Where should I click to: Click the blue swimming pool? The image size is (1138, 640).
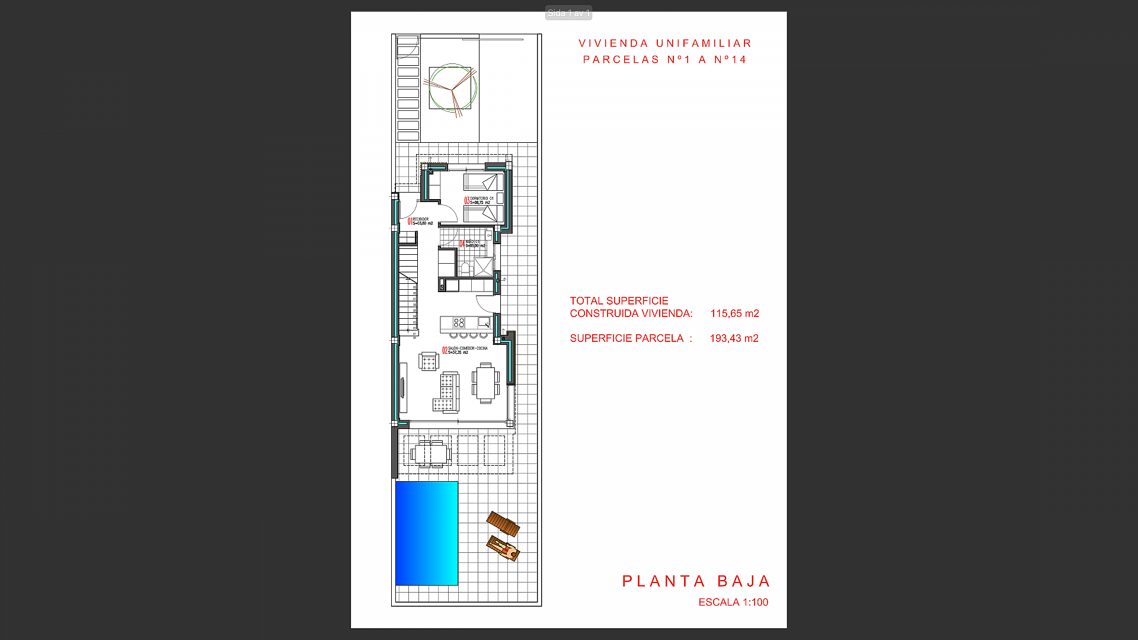coord(426,533)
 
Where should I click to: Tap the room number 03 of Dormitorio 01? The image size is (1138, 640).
coord(466,200)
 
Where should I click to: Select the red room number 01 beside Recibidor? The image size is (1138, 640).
coord(410,222)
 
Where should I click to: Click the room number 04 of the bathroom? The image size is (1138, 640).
coord(462,244)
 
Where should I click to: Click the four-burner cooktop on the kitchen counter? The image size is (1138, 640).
coord(459,323)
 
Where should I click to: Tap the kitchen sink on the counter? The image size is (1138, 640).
coord(484,322)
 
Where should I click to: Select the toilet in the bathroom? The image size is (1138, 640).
coord(465,268)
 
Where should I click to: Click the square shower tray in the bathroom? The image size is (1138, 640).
coord(483,267)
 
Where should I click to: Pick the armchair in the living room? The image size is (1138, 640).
coord(428,360)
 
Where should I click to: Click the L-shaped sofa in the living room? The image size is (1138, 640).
coord(449,392)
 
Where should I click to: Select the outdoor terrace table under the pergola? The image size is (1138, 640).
coord(431,454)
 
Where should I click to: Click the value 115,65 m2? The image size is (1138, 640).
coord(734,313)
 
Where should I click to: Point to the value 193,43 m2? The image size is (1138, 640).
coord(734,338)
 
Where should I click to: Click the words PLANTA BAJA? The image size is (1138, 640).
coord(696,581)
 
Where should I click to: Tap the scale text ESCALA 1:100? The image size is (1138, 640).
coord(733,602)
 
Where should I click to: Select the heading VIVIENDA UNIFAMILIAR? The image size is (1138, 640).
coord(665,43)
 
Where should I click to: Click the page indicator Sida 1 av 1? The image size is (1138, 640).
coord(568,12)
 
